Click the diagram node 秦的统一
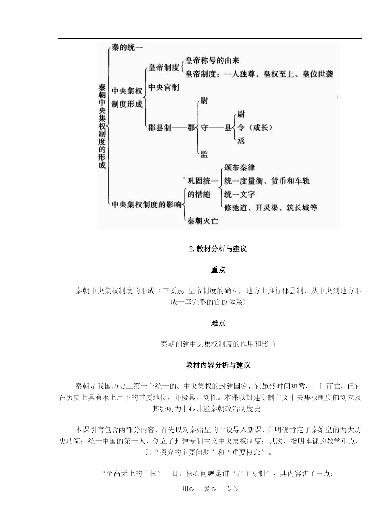(127, 48)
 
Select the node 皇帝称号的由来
(212, 61)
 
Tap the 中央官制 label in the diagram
(164, 87)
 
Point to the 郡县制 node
(160, 128)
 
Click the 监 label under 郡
(204, 154)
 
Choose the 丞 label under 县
(241, 140)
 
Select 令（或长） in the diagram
(255, 128)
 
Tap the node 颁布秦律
(239, 168)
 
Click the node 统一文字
(239, 194)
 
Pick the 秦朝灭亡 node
(203, 221)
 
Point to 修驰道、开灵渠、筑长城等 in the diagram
(271, 207)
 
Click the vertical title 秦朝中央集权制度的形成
(102, 126)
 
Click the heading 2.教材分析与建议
(218, 249)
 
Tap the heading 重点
(218, 270)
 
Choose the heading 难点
(218, 323)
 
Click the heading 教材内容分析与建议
(218, 365)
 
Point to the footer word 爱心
(210, 489)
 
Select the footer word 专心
(232, 489)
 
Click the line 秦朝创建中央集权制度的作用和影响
(218, 344)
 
